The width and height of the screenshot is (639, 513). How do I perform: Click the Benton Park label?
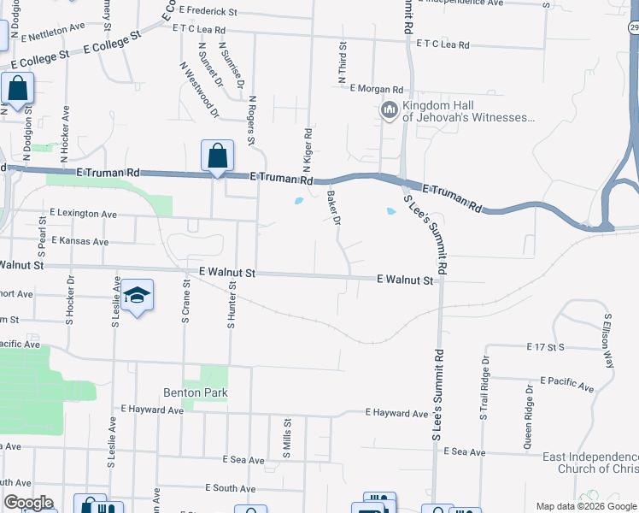click(x=195, y=392)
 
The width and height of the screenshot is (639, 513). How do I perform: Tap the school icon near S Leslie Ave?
click(x=137, y=296)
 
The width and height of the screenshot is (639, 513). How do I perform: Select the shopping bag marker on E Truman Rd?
click(x=217, y=157)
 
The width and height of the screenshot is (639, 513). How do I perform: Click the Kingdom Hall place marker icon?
click(x=389, y=110)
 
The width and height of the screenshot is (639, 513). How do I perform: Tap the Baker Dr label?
click(x=334, y=208)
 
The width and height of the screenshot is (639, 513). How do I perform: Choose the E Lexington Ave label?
click(x=83, y=213)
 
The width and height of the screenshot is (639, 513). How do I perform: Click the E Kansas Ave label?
click(x=79, y=241)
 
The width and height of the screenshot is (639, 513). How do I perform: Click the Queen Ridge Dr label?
click(x=529, y=416)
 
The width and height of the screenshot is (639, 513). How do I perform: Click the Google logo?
click(x=28, y=502)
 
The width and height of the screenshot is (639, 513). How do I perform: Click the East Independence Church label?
click(x=589, y=463)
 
